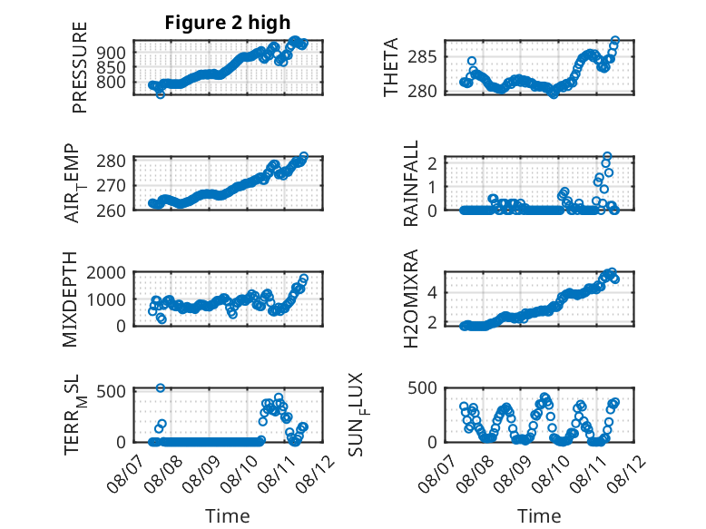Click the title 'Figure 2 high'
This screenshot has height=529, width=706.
pyautogui.click(x=228, y=23)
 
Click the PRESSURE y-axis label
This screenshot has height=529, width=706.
pyautogui.click(x=79, y=67)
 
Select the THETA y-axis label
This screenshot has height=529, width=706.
pyautogui.click(x=391, y=67)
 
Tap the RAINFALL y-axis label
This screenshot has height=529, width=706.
pyautogui.click(x=411, y=183)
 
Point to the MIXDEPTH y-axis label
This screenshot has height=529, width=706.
pyautogui.click(x=70, y=299)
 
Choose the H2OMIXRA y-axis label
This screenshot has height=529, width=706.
pyautogui.click(x=411, y=299)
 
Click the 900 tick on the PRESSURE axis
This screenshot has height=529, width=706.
pyautogui.click(x=112, y=53)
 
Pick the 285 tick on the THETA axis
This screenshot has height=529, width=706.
pyautogui.click(x=422, y=57)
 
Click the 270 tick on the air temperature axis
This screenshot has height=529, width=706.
pyautogui.click(x=112, y=185)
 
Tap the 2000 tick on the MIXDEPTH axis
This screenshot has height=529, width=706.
pyautogui.click(x=106, y=272)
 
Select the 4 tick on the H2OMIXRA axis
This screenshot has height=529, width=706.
pyautogui.click(x=432, y=293)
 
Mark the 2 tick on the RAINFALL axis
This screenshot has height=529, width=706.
pyautogui.click(x=432, y=163)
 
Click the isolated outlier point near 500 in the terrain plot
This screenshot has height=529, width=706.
pyautogui.click(x=161, y=387)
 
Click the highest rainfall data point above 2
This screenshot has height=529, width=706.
pyautogui.click(x=607, y=156)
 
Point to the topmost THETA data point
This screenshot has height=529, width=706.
pyautogui.click(x=615, y=41)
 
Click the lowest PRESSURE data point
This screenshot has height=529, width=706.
pyautogui.click(x=161, y=94)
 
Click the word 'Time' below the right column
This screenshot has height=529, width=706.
pyautogui.click(x=539, y=516)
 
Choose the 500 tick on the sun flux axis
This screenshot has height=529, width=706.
pyautogui.click(x=422, y=388)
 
